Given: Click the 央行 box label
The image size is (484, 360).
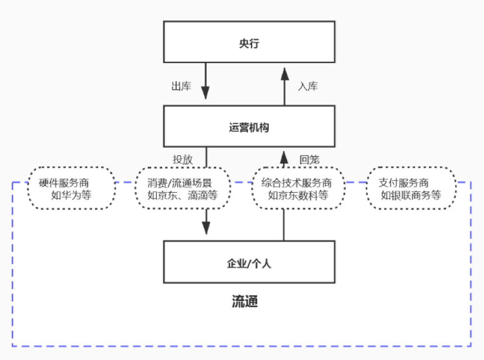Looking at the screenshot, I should click(249, 43).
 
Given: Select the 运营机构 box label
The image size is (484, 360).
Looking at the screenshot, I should click(249, 127).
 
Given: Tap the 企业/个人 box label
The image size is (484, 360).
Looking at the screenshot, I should click(249, 263).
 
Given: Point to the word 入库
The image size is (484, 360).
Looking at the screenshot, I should click(308, 86).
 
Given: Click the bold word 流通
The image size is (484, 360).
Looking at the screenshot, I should click(245, 302).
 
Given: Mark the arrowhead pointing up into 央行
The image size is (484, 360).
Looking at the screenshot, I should click(284, 72).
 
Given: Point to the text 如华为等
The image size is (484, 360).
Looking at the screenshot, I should click(71, 195).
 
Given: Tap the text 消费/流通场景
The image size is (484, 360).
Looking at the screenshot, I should click(181, 183).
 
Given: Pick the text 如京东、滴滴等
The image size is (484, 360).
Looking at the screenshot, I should click(181, 195).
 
